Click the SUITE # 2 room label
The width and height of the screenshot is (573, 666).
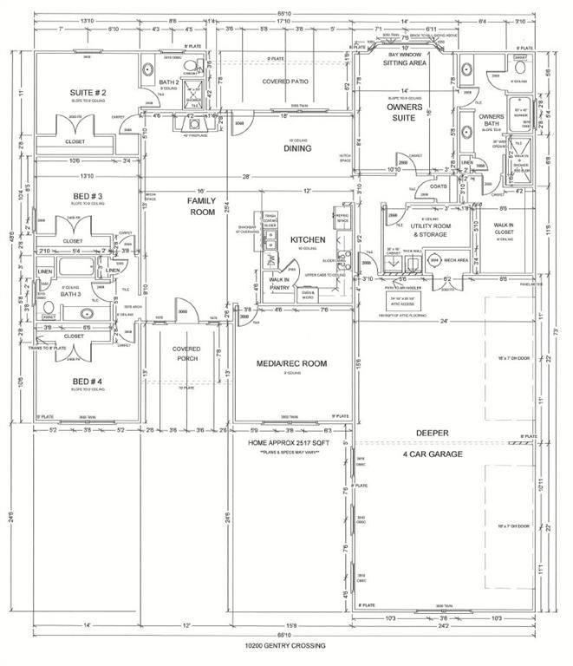click(88, 93)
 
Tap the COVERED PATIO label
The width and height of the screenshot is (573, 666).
click(287, 82)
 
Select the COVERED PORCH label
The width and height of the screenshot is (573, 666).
click(185, 354)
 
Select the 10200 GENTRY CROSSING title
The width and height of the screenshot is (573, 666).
click(286, 645)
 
